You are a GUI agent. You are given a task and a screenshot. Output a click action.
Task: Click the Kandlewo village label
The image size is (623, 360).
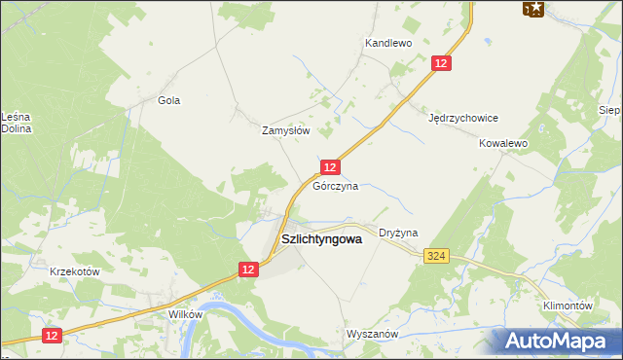(388, 43)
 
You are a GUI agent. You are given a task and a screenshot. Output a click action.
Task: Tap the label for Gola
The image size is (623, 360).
(169, 100)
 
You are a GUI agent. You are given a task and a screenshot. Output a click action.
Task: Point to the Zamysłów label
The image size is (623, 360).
(286, 129)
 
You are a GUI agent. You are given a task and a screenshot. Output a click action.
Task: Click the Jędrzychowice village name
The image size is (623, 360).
(463, 118)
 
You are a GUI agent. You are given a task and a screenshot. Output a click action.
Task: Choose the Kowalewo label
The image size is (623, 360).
(502, 142)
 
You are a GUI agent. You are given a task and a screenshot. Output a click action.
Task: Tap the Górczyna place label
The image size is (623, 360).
(335, 186)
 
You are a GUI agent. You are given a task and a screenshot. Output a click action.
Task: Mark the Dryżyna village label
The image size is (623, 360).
(398, 234)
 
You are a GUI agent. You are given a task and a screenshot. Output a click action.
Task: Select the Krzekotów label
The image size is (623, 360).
(75, 271)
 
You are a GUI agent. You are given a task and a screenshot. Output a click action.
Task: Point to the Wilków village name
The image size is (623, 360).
(185, 315)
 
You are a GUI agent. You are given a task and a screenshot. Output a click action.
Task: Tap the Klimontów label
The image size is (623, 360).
(568, 306)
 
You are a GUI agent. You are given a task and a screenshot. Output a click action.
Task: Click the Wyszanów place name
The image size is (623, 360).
(373, 334)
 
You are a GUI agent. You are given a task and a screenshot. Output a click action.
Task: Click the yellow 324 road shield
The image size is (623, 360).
(436, 256)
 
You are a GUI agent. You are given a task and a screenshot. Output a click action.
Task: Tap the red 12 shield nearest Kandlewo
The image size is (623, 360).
(442, 63)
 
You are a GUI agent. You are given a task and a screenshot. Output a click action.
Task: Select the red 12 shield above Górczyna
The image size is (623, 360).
(331, 167)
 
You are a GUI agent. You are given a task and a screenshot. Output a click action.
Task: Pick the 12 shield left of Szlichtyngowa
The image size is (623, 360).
(248, 270)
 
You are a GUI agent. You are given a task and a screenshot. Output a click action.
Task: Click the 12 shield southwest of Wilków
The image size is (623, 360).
(53, 335)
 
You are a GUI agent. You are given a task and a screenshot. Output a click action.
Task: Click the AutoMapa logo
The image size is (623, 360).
(554, 341)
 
